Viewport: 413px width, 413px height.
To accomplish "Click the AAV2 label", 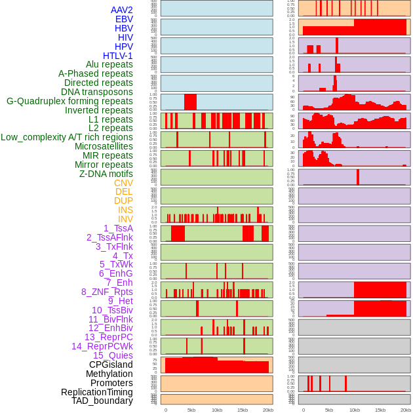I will pyautogui.click(x=122, y=10).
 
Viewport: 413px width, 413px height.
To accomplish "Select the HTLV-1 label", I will pyautogui.click(x=118, y=56).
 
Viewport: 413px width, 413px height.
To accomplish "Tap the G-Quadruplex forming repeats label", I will pyautogui.click(x=69, y=101).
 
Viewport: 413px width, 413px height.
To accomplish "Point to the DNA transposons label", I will pyautogui.click(x=97, y=92).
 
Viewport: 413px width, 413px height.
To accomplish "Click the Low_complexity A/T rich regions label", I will pyautogui.click(x=67, y=137).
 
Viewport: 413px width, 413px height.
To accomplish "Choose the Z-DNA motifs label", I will pyautogui.click(x=106, y=174).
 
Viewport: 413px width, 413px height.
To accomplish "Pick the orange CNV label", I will pyautogui.click(x=123, y=183).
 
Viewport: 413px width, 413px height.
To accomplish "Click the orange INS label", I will pyautogui.click(x=125, y=210).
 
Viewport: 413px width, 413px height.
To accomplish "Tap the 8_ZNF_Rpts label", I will pyautogui.click(x=107, y=292).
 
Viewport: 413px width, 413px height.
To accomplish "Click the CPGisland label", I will pyautogui.click(x=111, y=364).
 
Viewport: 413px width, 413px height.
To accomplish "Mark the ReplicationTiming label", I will pyautogui.click(x=96, y=392).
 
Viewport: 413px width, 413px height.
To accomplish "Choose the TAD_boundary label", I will pyautogui.click(x=102, y=401).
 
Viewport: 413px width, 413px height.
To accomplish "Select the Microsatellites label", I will pyautogui.click(x=104, y=146).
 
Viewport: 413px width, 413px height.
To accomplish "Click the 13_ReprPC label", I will pyautogui.click(x=108, y=337).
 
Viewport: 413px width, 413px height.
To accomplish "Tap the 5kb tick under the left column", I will pyautogui.click(x=191, y=410).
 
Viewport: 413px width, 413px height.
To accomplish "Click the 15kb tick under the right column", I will pyautogui.click(x=380, y=410).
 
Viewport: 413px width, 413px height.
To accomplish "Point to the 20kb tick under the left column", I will pyautogui.click(x=267, y=410).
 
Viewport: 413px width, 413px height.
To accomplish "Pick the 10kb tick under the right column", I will pyautogui.click(x=355, y=410).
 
